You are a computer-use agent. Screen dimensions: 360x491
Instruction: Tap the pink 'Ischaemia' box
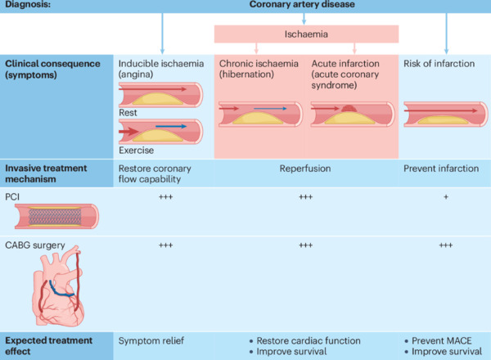coord(306,34)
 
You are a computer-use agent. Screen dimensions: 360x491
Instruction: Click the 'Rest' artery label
coord(128,114)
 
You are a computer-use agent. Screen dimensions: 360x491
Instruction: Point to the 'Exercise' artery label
coord(136,150)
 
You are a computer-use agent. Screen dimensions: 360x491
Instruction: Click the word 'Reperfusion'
coord(305,168)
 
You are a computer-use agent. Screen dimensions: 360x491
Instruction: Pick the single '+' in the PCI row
coord(446,197)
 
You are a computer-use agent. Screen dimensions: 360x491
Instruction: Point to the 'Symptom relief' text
coord(154,339)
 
